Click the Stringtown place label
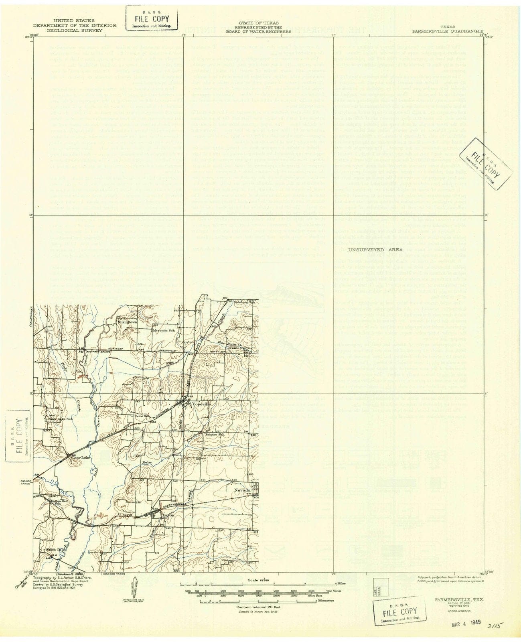click(x=127, y=321)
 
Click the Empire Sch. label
click(x=214, y=434)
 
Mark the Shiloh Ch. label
click(x=53, y=549)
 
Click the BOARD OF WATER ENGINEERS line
click(x=265, y=30)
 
